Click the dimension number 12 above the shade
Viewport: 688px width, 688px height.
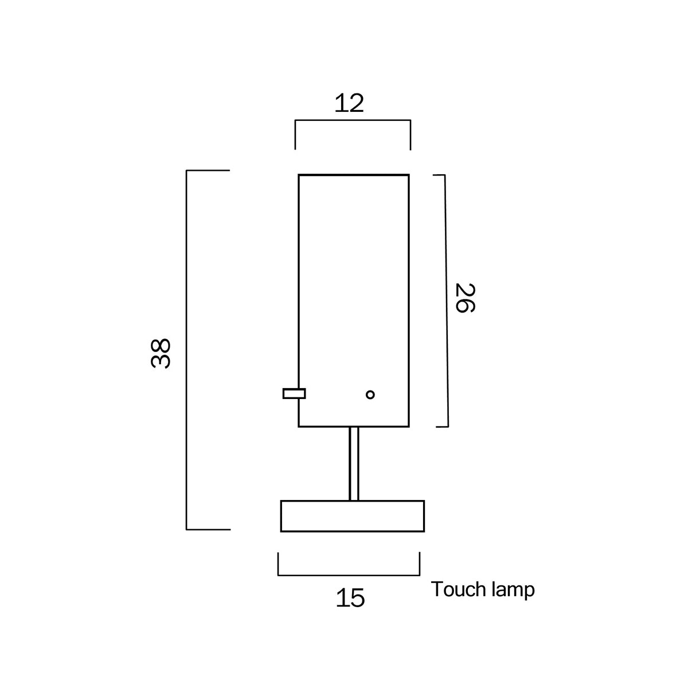(x=349, y=103)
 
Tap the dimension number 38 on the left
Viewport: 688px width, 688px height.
(x=161, y=353)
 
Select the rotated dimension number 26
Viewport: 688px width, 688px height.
(x=464, y=298)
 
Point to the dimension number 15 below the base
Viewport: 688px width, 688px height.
(x=350, y=598)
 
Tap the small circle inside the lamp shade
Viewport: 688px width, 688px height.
(x=370, y=394)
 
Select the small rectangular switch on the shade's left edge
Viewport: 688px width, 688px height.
(x=294, y=393)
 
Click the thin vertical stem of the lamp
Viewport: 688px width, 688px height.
(x=354, y=463)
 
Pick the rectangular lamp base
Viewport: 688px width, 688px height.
(x=352, y=516)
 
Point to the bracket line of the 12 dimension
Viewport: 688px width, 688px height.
(x=353, y=120)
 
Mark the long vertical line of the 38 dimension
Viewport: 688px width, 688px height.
(x=187, y=350)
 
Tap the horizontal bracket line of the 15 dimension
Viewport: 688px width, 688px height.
(x=349, y=574)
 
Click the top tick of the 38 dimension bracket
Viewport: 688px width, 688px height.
(x=208, y=170)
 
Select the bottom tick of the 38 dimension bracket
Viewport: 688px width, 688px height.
(x=208, y=529)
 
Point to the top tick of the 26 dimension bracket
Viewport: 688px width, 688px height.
(x=439, y=175)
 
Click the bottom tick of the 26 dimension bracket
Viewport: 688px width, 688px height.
(x=442, y=427)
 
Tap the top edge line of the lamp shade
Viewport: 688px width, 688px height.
(x=354, y=174)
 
